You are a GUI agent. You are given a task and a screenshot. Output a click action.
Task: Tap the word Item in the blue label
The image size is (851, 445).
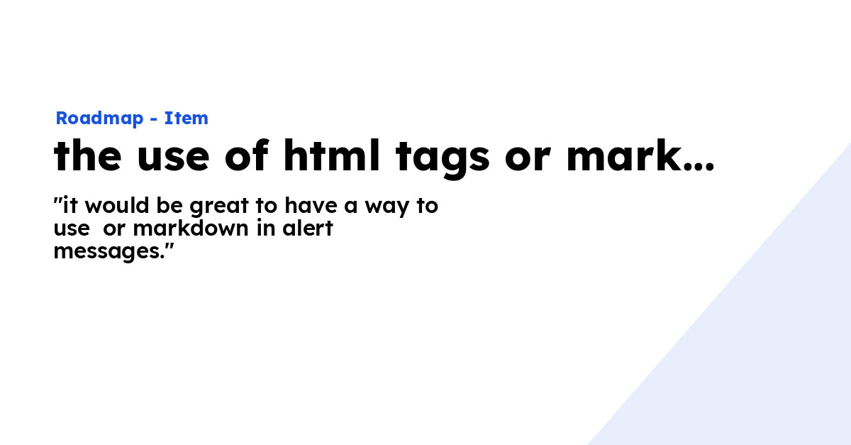point(186,119)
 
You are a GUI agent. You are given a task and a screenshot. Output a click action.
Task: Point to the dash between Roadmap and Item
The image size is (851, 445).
point(153,119)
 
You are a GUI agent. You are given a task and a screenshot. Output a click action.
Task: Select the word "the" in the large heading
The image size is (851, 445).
point(87,156)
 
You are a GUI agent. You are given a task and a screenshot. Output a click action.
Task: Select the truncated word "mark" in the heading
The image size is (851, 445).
point(622,156)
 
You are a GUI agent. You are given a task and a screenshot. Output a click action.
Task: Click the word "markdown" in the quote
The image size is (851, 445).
point(191,229)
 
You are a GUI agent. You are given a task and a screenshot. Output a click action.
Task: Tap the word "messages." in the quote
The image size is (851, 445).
point(112,251)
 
